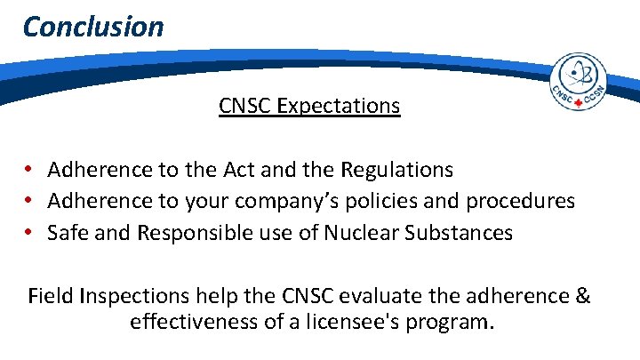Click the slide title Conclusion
93,26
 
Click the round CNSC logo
579,82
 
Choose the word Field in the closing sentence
52,296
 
